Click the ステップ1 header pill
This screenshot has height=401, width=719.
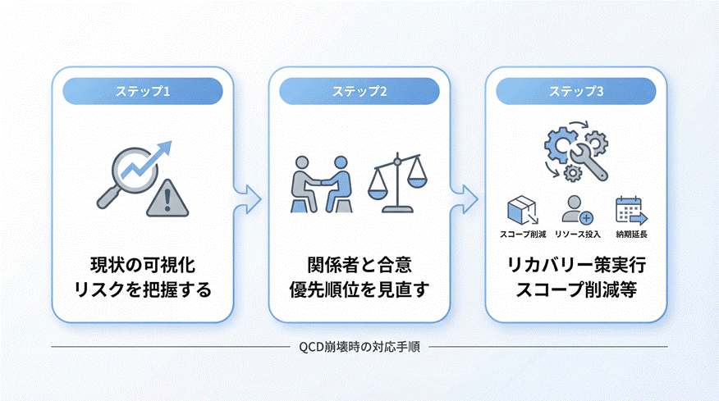(144, 91)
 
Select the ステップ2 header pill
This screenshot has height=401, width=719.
(359, 91)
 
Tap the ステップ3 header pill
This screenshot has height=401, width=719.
(576, 91)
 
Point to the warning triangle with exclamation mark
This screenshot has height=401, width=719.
(167, 198)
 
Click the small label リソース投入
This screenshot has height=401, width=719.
(577, 235)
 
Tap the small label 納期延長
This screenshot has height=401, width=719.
(631, 235)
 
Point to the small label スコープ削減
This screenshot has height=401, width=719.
(522, 235)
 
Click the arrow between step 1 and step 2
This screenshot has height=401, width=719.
(249, 197)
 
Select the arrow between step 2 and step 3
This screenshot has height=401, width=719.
(467, 197)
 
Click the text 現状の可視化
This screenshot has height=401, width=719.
(144, 266)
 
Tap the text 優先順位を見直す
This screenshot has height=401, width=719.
(359, 289)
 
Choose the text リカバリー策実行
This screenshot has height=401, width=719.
(576, 266)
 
